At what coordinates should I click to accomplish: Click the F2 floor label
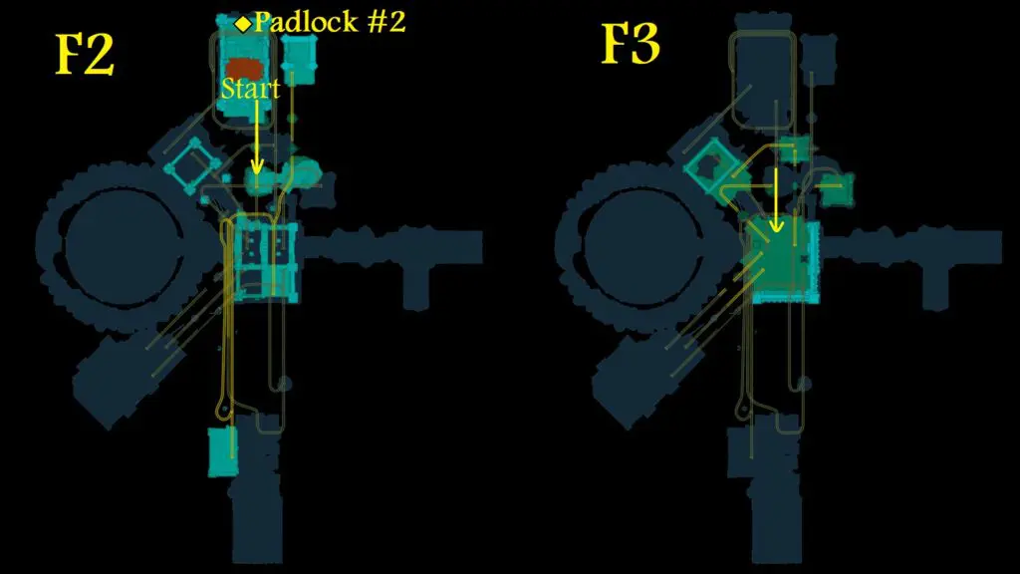coord(85,54)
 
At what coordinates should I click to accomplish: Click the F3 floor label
coord(630,44)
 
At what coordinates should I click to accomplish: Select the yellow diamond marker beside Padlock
coord(243,24)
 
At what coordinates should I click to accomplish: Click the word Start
coord(250,89)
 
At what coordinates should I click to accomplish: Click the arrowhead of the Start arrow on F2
coord(257,166)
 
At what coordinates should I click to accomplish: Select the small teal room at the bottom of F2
coord(222,451)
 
